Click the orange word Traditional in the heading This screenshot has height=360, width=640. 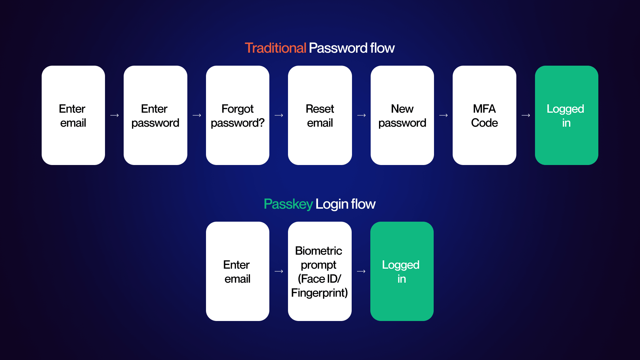click(275, 48)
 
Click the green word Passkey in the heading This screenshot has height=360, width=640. click(288, 204)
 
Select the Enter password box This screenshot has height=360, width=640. click(155, 115)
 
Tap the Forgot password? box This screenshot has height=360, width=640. click(238, 115)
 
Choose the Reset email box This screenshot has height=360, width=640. click(320, 115)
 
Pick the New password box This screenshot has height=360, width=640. click(402, 115)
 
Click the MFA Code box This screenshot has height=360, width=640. click(484, 115)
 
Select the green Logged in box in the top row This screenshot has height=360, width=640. click(566, 115)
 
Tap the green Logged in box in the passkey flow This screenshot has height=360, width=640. click(402, 271)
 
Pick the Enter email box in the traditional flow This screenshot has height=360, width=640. click(73, 115)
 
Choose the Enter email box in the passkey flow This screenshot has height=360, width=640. click(238, 271)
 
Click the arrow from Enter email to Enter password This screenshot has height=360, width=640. click(114, 115)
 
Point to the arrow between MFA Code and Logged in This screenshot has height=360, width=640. click(526, 115)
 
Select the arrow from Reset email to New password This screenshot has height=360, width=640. click(361, 115)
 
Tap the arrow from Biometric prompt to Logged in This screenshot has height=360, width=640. click(361, 271)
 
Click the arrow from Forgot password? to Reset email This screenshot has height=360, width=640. click(279, 115)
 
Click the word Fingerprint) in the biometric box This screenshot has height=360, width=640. click(319, 293)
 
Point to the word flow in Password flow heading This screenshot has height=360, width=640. click(382, 48)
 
